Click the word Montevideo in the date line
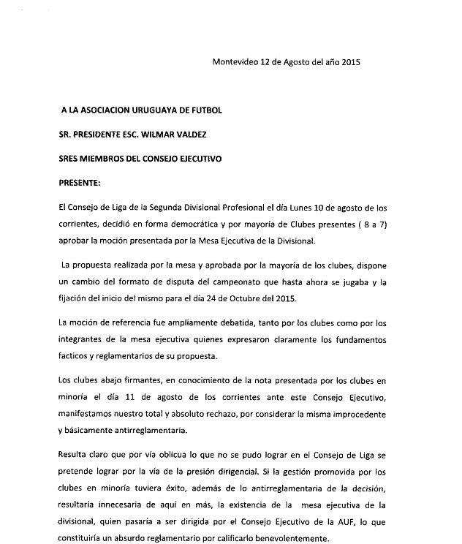(x=236, y=61)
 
